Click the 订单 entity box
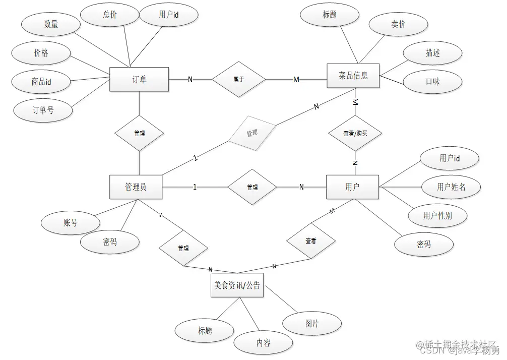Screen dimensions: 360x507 139,79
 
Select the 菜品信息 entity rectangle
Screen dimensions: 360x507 353,76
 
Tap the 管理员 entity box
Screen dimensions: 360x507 136,187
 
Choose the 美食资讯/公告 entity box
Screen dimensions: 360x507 237,285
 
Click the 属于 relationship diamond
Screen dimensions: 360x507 238,79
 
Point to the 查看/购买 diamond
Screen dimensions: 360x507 355,134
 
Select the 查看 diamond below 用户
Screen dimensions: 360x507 311,242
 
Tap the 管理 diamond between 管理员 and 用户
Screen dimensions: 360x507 252,187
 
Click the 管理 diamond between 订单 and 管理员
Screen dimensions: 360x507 140,134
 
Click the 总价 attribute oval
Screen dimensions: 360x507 110,15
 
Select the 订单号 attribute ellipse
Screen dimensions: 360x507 43,110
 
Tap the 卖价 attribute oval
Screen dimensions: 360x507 398,24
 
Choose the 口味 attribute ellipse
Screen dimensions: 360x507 432,81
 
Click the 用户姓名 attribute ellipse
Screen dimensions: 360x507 451,187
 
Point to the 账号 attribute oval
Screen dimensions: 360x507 71,222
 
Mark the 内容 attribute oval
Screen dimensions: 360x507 263,343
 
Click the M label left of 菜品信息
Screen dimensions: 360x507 296,80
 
